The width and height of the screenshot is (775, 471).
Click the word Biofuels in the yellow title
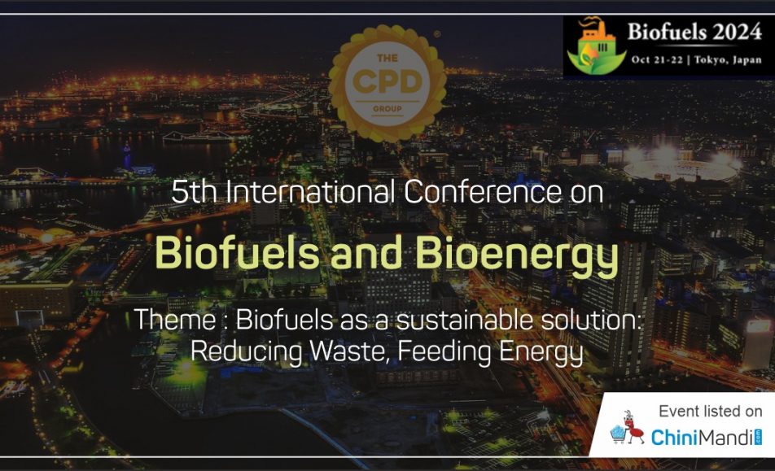click(x=237, y=253)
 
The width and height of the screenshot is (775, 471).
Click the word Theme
click(x=175, y=320)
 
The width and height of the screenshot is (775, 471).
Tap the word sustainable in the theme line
click(x=465, y=320)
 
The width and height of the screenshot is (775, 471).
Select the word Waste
click(x=348, y=351)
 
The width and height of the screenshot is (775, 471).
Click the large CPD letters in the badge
click(x=387, y=82)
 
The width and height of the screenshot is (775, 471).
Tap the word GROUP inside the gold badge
click(x=387, y=109)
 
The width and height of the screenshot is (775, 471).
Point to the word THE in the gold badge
click(x=387, y=59)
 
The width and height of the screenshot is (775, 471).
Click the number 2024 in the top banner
click(x=737, y=32)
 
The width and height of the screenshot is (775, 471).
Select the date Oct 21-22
click(x=657, y=60)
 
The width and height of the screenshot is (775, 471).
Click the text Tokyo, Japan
click(x=728, y=60)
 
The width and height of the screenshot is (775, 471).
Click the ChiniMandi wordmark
click(x=707, y=438)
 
